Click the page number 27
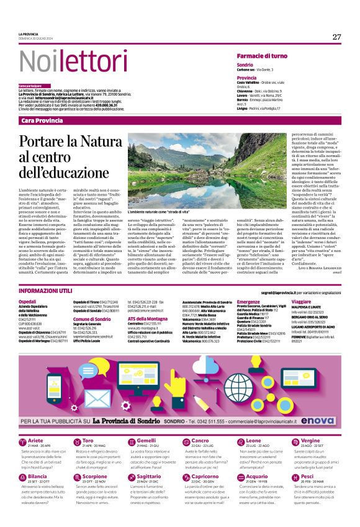click(x=336, y=37)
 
